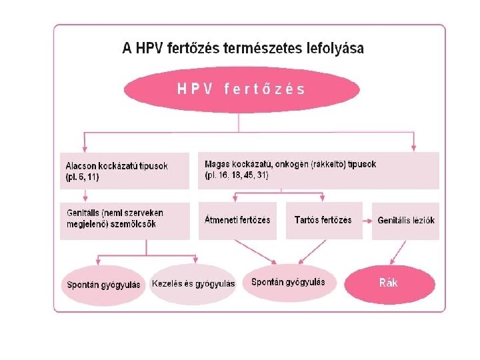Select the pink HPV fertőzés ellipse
coord(241,88)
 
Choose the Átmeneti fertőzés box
coord(237,219)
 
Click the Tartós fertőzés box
coord(323,219)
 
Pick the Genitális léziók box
coord(406,220)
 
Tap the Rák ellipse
coord(389,283)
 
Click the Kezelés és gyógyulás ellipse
coord(193,283)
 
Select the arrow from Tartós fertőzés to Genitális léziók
coord(367,219)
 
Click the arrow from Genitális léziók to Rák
coord(399,251)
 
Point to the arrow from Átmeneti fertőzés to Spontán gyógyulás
coord(256,251)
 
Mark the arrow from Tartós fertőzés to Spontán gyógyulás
coord(308,251)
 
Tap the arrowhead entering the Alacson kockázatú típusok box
coord(85,148)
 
